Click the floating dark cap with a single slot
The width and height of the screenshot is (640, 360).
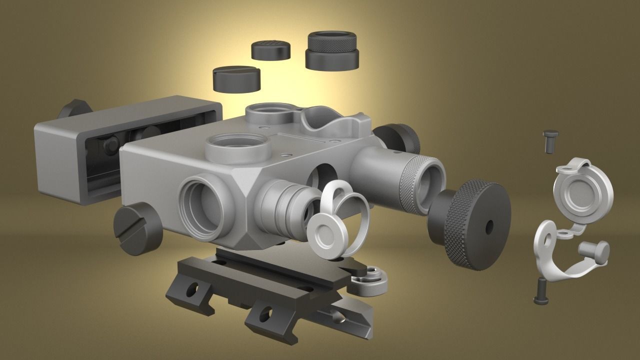[237, 79]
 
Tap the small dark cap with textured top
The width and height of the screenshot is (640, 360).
[271, 50]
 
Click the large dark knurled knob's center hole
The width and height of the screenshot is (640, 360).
[488, 226]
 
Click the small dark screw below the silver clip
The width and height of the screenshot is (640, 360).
[540, 291]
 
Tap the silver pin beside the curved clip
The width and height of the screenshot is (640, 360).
[595, 249]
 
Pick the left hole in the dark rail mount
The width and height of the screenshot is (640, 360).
[191, 289]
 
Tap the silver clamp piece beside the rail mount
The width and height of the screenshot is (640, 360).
[370, 280]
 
